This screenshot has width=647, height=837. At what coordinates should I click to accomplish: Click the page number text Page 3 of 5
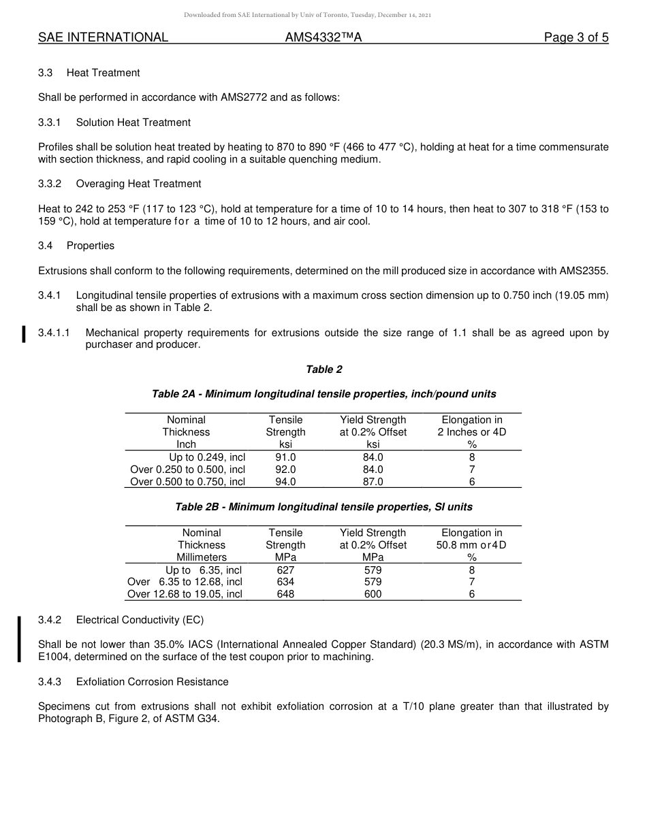point(575,37)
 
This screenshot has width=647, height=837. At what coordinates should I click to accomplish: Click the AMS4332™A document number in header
point(323,37)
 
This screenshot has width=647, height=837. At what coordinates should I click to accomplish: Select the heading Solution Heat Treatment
point(133,122)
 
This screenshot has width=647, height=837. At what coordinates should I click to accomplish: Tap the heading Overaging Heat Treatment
point(138,184)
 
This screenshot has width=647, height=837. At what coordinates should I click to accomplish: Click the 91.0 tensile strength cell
point(285,457)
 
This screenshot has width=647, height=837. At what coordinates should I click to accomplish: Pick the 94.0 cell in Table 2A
point(285,482)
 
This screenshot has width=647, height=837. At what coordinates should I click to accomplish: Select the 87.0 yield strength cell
point(373,482)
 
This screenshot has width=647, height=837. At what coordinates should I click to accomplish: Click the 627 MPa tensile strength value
point(285,570)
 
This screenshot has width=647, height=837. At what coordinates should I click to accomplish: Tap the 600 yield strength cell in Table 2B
point(373,594)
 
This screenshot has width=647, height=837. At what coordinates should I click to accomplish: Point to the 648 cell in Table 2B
point(285,594)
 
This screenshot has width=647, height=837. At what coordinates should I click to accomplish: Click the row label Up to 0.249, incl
point(206,457)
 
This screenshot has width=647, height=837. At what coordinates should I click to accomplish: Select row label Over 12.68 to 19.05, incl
point(185,594)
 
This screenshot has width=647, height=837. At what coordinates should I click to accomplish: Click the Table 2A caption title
point(323,394)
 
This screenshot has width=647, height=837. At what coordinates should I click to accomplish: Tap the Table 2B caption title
point(323,507)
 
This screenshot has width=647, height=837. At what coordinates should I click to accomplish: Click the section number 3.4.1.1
point(54,333)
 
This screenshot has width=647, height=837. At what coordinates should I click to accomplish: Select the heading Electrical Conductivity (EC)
point(140,620)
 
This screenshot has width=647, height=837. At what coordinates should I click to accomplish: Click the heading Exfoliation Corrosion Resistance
point(152,682)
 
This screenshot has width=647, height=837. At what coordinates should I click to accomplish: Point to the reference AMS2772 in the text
point(244,97)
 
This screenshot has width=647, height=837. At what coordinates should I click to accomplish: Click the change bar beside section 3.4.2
point(20,638)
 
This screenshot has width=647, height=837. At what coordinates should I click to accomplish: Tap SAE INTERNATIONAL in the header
point(103,37)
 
